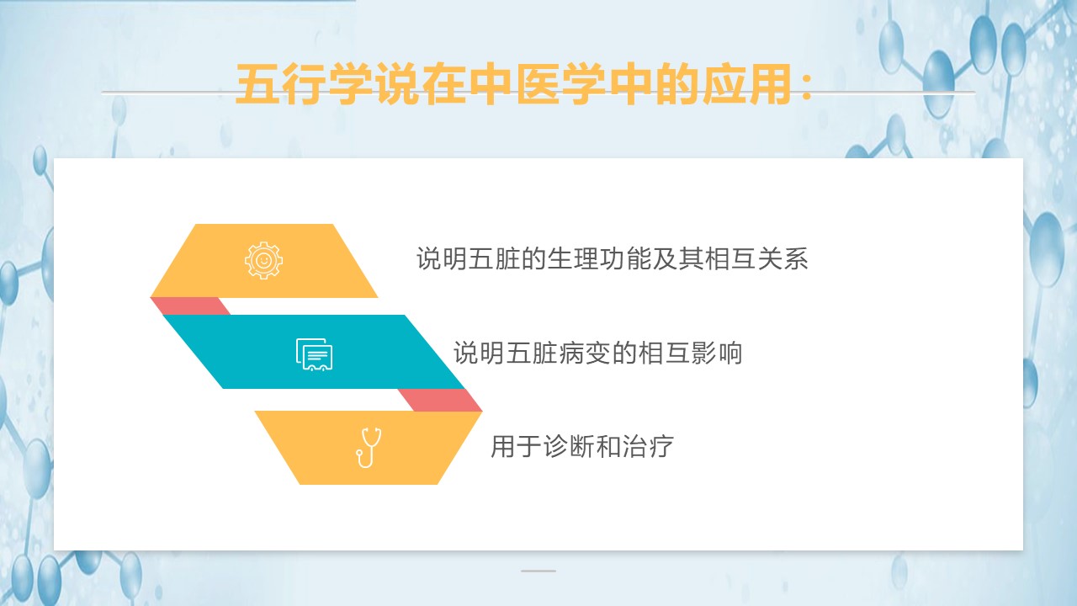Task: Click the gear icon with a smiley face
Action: (x=263, y=260)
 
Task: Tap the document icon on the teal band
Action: (x=314, y=354)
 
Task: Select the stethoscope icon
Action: (x=369, y=448)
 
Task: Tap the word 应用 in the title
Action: (x=747, y=85)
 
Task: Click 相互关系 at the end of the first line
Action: (x=756, y=258)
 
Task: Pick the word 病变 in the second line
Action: (x=584, y=353)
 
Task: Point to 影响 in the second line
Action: (x=716, y=353)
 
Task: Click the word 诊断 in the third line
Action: (x=568, y=446)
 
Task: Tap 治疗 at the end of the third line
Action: (x=648, y=446)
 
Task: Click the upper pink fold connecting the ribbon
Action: (x=190, y=306)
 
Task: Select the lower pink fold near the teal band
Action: (x=440, y=400)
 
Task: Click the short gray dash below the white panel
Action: (x=538, y=571)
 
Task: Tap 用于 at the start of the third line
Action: (x=516, y=446)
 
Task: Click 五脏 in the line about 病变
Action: (x=531, y=353)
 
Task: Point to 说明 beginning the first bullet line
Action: (x=442, y=258)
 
